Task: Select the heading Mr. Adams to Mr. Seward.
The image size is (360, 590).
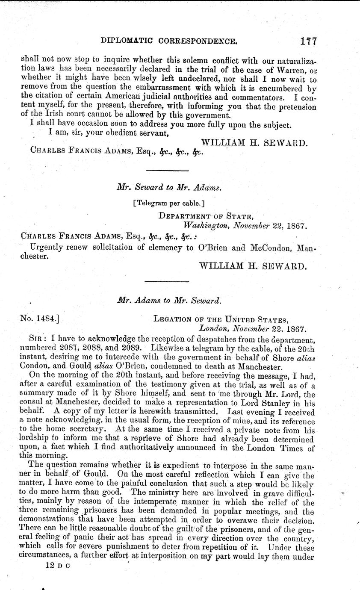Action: pos(168,301)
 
